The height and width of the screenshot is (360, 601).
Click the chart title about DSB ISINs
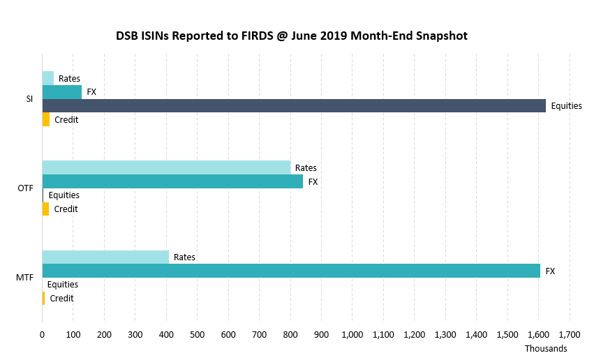click(x=291, y=35)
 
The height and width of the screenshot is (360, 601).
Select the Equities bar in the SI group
click(x=294, y=105)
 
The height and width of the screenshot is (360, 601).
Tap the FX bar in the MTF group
click(x=291, y=271)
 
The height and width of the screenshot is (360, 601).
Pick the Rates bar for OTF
click(x=166, y=167)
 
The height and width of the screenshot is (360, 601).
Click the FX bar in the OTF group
click(x=172, y=181)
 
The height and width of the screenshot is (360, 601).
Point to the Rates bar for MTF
click(x=105, y=257)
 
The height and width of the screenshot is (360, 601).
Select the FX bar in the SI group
click(x=62, y=92)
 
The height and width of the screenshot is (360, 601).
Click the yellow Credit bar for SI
click(x=46, y=119)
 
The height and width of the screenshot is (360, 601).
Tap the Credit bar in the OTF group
click(x=46, y=209)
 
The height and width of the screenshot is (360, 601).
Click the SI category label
click(x=29, y=99)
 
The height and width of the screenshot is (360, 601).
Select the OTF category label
click(x=26, y=188)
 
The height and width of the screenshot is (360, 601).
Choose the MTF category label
click(x=25, y=278)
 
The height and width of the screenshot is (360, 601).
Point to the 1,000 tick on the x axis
click(x=352, y=335)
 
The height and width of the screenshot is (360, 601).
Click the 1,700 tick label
click(x=570, y=335)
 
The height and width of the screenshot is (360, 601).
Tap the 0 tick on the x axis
click(x=43, y=335)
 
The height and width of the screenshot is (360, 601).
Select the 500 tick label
click(x=198, y=335)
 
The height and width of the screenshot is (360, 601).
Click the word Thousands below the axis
click(x=546, y=348)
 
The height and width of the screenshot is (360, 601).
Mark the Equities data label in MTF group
click(x=62, y=285)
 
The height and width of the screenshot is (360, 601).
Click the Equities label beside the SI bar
click(x=566, y=106)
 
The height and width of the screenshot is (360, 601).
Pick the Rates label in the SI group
click(x=69, y=79)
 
